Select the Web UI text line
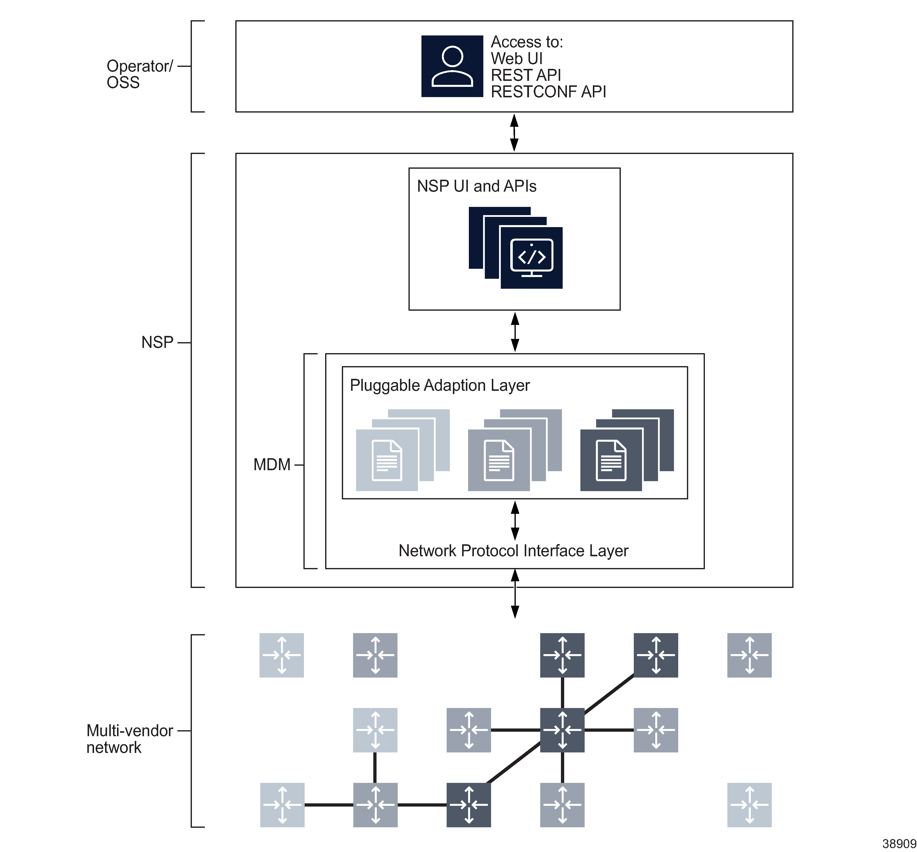point(516,59)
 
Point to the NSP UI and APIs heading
point(476,186)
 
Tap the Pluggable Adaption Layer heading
point(439,385)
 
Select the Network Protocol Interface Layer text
point(513,551)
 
